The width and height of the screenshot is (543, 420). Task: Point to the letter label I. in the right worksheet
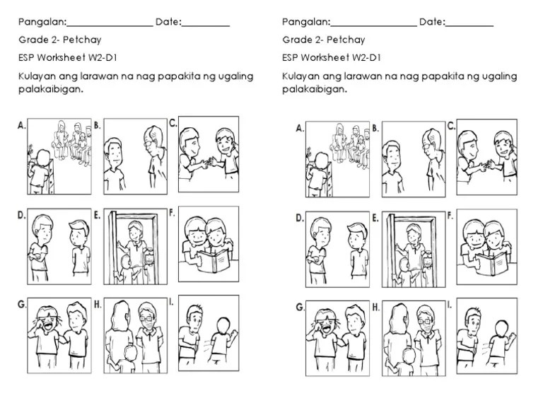point(450,305)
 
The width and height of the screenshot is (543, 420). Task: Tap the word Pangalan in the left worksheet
point(42,22)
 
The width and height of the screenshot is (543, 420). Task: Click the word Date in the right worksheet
point(431,22)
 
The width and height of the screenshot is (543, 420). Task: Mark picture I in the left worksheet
point(208,334)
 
